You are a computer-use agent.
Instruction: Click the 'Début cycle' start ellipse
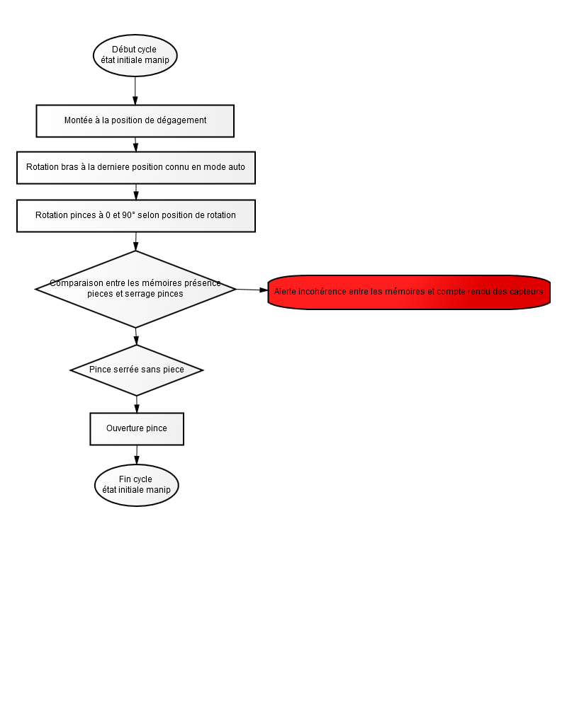135,55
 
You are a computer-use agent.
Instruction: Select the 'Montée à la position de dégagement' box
135,121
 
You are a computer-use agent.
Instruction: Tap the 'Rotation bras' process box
136,168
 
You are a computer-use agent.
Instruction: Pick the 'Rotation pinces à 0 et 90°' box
136,216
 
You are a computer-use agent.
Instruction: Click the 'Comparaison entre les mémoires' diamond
135,290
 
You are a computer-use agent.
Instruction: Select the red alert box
409,292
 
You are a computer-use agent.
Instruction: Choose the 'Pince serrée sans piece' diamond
137,370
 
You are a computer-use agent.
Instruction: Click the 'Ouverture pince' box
137,429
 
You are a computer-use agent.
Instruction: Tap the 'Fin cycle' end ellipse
137,486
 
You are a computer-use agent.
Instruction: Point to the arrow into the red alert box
252,290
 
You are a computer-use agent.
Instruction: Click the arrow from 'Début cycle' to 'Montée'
135,91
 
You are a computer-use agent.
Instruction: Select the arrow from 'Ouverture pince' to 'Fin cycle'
137,455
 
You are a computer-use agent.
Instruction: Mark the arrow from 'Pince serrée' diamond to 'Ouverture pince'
137,404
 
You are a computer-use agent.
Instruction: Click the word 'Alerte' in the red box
285,292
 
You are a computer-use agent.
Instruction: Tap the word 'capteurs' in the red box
527,292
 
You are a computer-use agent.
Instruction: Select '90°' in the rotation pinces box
128,215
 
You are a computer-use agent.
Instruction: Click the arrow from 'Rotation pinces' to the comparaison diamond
135,241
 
